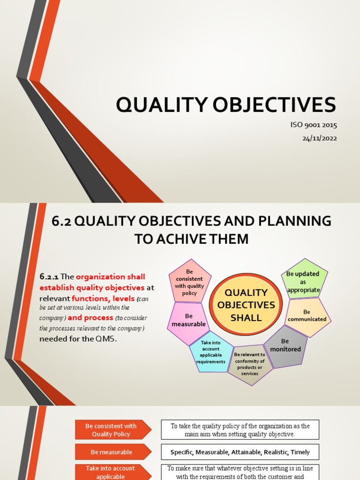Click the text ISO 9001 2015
tap(314, 125)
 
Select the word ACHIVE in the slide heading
tap(183, 239)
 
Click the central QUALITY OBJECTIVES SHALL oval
tap(246, 305)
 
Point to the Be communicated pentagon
tap(307, 315)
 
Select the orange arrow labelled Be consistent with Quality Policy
tap(111, 430)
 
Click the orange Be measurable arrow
tap(111, 452)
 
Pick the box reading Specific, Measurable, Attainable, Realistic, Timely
tap(240, 452)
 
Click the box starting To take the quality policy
tap(240, 430)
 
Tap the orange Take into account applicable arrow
tap(111, 472)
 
